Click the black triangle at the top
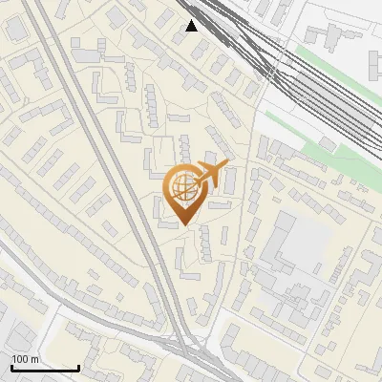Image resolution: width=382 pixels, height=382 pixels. [192, 25]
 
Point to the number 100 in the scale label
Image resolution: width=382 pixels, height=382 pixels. [20, 359]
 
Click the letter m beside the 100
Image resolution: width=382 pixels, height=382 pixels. [34, 359]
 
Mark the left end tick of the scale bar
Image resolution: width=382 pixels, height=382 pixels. [11, 367]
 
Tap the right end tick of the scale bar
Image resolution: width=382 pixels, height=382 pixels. [78, 367]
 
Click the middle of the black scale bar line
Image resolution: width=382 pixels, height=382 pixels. [45, 369]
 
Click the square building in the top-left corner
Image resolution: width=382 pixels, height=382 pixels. [16, 29]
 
